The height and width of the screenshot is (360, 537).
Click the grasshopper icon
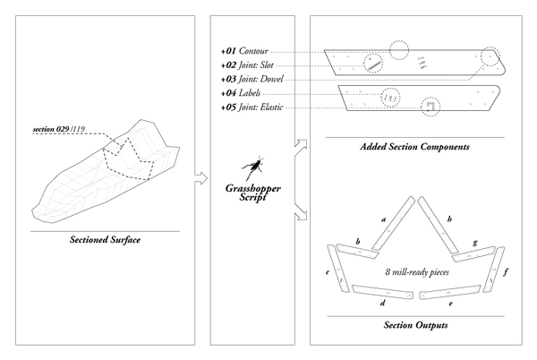tap(253, 167)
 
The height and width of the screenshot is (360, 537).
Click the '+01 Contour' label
tap(244, 51)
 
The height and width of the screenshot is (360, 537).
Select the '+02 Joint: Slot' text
tap(247, 65)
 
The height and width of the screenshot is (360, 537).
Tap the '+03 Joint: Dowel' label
tap(252, 79)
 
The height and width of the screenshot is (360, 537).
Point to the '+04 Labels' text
tap(241, 93)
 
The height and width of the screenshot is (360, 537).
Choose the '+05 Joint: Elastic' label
tap(251, 107)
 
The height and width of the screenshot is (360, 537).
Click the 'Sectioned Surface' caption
tap(105, 239)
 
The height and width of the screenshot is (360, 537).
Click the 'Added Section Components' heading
tap(414, 147)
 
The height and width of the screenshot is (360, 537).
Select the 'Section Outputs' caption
tap(416, 325)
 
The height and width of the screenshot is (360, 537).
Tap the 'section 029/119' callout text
tap(59, 129)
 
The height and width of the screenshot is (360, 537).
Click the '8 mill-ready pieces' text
tap(417, 272)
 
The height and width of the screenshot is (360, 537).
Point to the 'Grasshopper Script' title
tap(253, 193)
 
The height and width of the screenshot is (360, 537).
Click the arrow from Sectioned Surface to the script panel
tap(201, 178)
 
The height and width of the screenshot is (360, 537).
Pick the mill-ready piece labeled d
tap(382, 292)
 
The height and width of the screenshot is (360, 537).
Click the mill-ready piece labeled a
tap(393, 223)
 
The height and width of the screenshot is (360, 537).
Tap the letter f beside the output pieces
tap(506, 272)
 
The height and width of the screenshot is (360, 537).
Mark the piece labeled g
tap(473, 254)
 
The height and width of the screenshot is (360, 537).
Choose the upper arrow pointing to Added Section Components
tap(301, 147)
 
